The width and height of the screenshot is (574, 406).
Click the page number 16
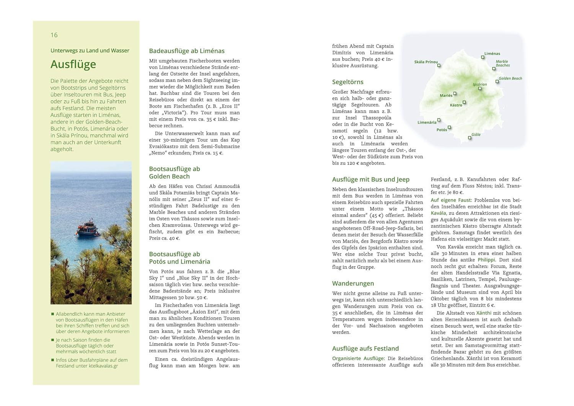coord(54,35)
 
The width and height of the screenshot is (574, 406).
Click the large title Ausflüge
coord(73,64)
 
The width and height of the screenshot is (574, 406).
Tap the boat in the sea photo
coord(88,228)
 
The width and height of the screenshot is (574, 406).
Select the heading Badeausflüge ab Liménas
coord(187,51)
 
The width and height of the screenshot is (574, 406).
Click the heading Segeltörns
coord(347,82)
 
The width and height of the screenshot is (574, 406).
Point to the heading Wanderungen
coord(353,284)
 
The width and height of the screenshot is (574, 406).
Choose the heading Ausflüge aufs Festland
coord(365,349)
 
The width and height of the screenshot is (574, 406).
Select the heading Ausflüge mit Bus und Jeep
coord(370,179)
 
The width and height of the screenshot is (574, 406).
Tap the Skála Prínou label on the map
coord(426,62)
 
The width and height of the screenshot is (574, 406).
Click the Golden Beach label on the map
coord(510,78)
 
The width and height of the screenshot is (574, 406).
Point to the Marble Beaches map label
coord(502,63)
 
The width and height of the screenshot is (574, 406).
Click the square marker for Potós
coord(449,127)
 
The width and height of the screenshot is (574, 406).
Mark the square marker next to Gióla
coord(470,138)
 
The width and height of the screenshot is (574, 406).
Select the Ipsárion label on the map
coord(479,84)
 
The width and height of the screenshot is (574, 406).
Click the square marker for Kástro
coord(464,102)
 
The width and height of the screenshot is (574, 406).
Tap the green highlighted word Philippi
coord(486,260)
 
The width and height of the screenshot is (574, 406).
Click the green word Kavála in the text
coord(439,213)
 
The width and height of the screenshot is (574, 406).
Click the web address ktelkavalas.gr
coord(103,366)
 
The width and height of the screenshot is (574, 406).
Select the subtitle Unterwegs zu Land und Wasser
coord(90,51)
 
